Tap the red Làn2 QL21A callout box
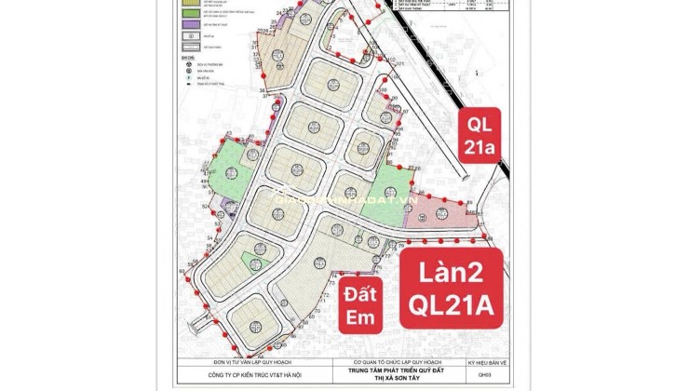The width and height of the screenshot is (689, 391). (x=452, y=287)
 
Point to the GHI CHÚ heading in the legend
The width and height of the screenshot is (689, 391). (x=190, y=57)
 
